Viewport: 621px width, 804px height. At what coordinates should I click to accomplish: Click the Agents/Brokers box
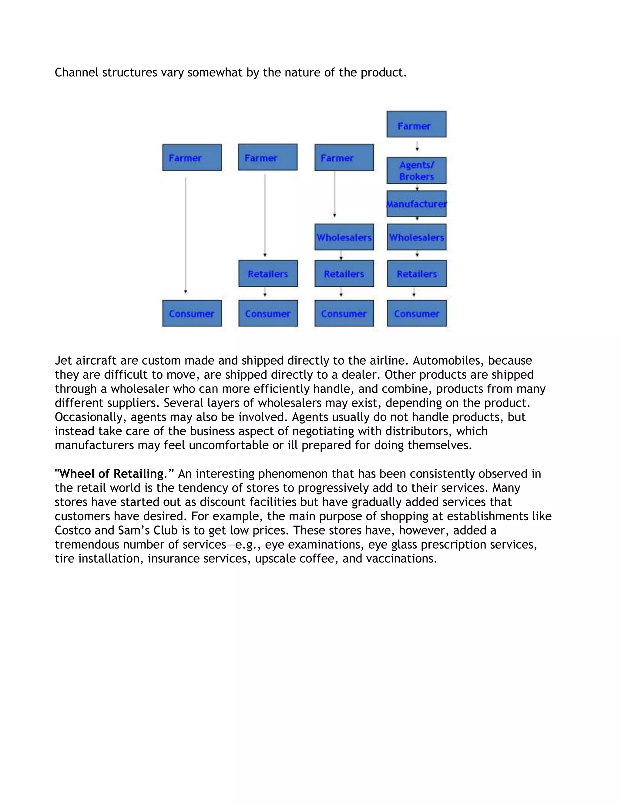tap(416, 171)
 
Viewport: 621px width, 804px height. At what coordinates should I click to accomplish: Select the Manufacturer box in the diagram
tap(416, 204)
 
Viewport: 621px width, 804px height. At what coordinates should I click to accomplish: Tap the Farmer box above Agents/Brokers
tap(416, 124)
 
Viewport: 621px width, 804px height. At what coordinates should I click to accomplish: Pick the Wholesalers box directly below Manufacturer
tap(416, 237)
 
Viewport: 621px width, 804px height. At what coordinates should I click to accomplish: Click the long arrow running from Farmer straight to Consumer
tap(185, 236)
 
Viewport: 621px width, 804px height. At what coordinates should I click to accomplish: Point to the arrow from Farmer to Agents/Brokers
tap(417, 146)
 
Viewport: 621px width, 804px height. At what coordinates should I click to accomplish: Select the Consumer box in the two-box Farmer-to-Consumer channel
tap(192, 313)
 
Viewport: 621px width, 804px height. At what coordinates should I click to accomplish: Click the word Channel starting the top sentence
tap(76, 73)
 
